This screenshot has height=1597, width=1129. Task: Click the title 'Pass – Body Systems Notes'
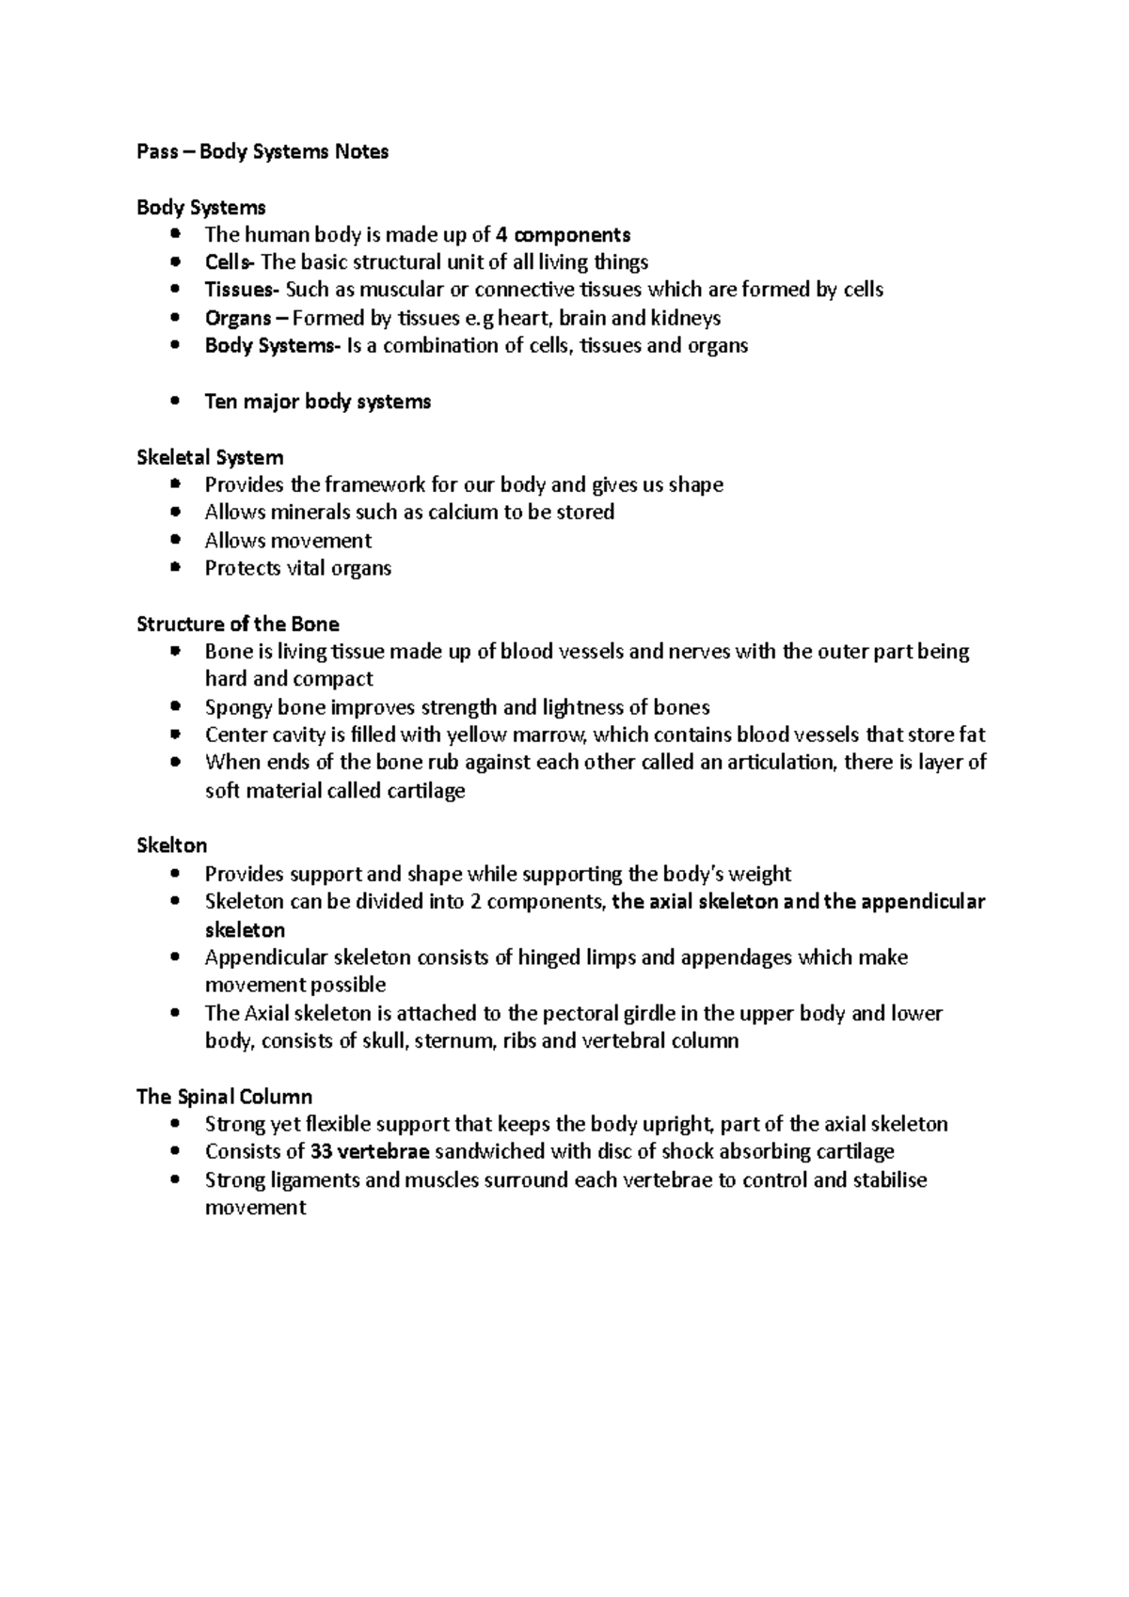pyautogui.click(x=262, y=151)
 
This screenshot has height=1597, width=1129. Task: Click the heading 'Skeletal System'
pyautogui.click(x=210, y=458)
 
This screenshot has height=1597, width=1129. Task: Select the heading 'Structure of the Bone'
pyautogui.click(x=238, y=625)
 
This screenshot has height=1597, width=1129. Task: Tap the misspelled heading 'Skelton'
pyautogui.click(x=172, y=846)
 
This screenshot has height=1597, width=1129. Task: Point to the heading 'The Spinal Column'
pyautogui.click(x=224, y=1097)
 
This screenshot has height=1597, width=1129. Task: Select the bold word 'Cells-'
pyautogui.click(x=230, y=262)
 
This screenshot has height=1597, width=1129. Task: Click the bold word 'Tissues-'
pyautogui.click(x=242, y=290)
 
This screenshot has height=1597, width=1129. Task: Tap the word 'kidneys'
pyautogui.click(x=685, y=318)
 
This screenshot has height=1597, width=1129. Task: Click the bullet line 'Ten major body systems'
pyautogui.click(x=318, y=402)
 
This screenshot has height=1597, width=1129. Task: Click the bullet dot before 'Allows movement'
pyautogui.click(x=175, y=541)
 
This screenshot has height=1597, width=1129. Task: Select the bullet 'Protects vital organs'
pyautogui.click(x=297, y=568)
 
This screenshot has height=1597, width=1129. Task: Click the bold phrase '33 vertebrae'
pyautogui.click(x=370, y=1152)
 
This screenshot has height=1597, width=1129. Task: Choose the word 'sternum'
pyautogui.click(x=453, y=1041)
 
